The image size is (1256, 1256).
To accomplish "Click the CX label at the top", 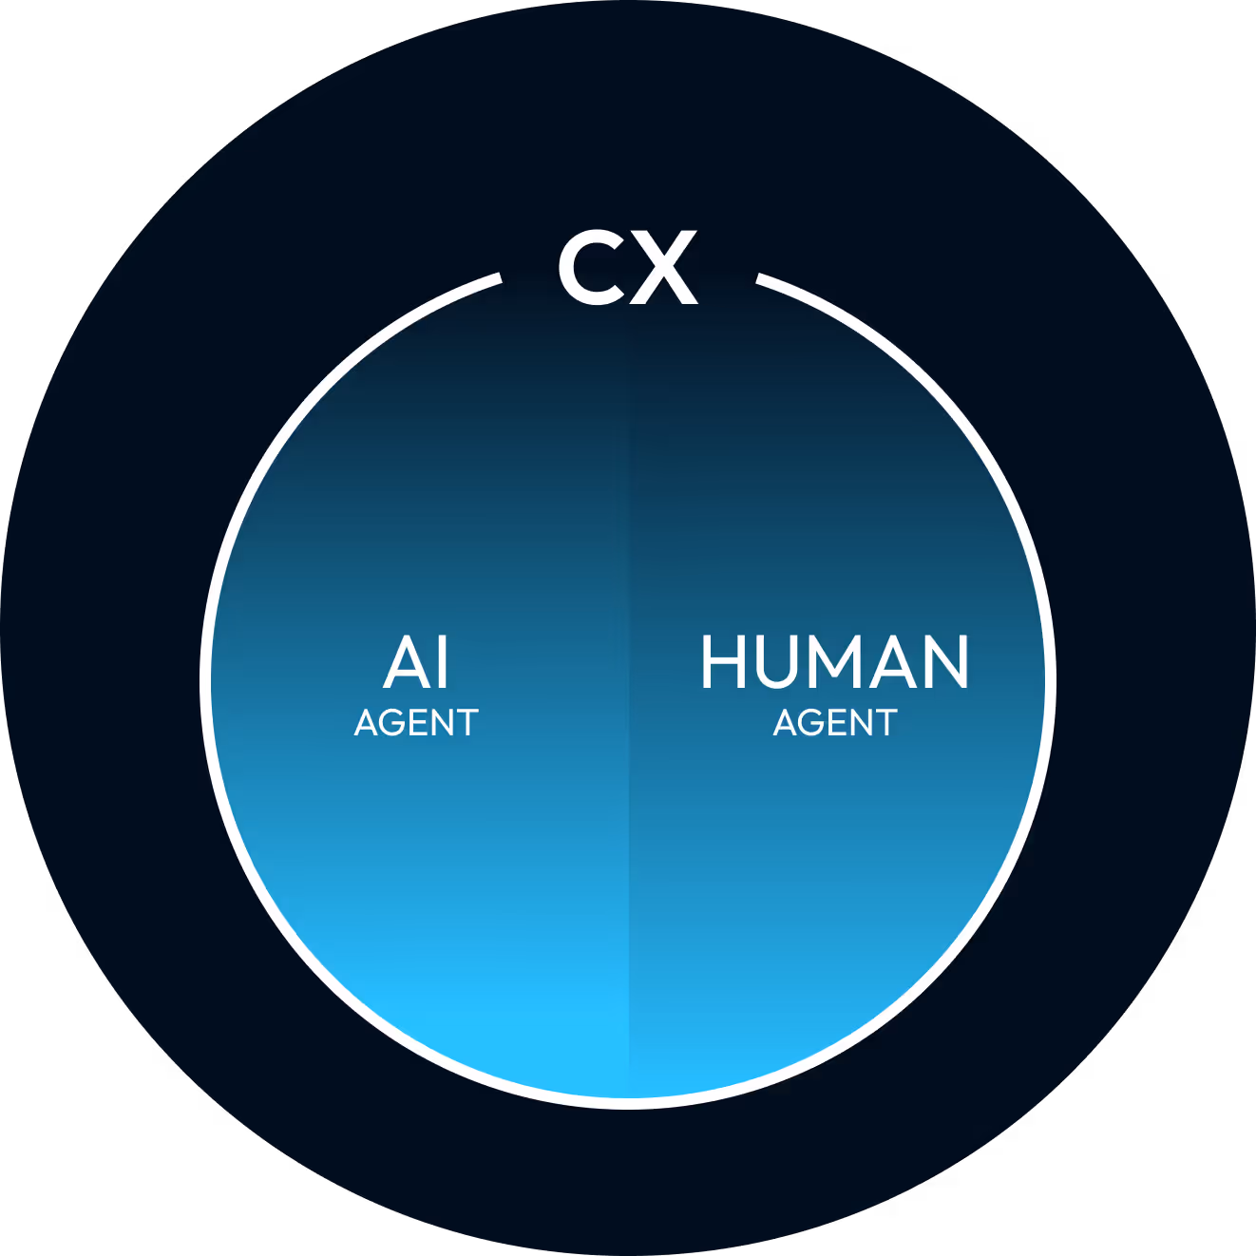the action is [628, 268].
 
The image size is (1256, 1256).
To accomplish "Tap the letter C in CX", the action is [590, 268].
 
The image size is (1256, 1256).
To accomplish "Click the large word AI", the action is [416, 662].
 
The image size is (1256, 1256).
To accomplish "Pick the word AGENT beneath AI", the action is [416, 723].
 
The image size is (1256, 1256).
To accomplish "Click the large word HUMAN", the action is [835, 662].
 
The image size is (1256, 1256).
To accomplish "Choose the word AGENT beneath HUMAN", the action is [835, 723].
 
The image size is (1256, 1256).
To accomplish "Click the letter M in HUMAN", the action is [835, 662].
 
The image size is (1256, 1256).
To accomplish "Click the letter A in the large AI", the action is [403, 663].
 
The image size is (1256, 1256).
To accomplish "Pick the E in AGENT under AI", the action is [421, 723].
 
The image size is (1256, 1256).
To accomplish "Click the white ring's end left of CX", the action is [498, 278].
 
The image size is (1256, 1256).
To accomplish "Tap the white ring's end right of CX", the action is [759, 278].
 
